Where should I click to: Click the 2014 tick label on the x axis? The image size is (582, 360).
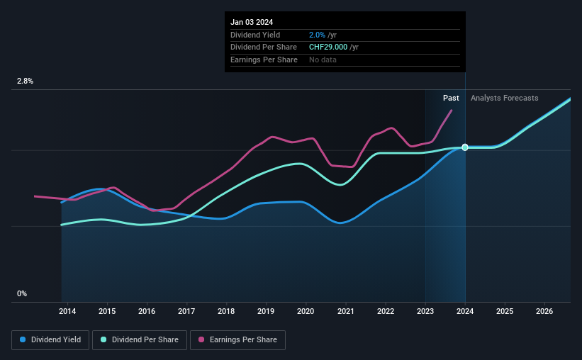[67, 311]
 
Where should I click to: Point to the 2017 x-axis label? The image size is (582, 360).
[186, 311]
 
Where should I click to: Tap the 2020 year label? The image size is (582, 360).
[306, 311]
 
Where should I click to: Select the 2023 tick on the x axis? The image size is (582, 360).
[425, 311]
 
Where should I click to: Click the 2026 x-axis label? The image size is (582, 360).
[544, 311]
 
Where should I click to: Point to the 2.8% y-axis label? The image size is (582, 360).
[25, 81]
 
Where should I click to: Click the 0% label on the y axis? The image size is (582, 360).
[22, 293]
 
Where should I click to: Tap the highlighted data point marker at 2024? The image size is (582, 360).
[465, 147]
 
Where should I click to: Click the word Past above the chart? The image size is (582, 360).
[451, 98]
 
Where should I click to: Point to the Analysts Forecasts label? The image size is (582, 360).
[504, 98]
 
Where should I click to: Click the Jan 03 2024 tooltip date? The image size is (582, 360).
[252, 22]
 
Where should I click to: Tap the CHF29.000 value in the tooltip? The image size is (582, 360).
[328, 47]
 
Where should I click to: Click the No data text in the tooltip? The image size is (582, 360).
[323, 60]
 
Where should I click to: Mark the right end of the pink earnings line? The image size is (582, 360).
[452, 110]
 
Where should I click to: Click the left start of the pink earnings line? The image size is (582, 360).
[35, 196]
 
